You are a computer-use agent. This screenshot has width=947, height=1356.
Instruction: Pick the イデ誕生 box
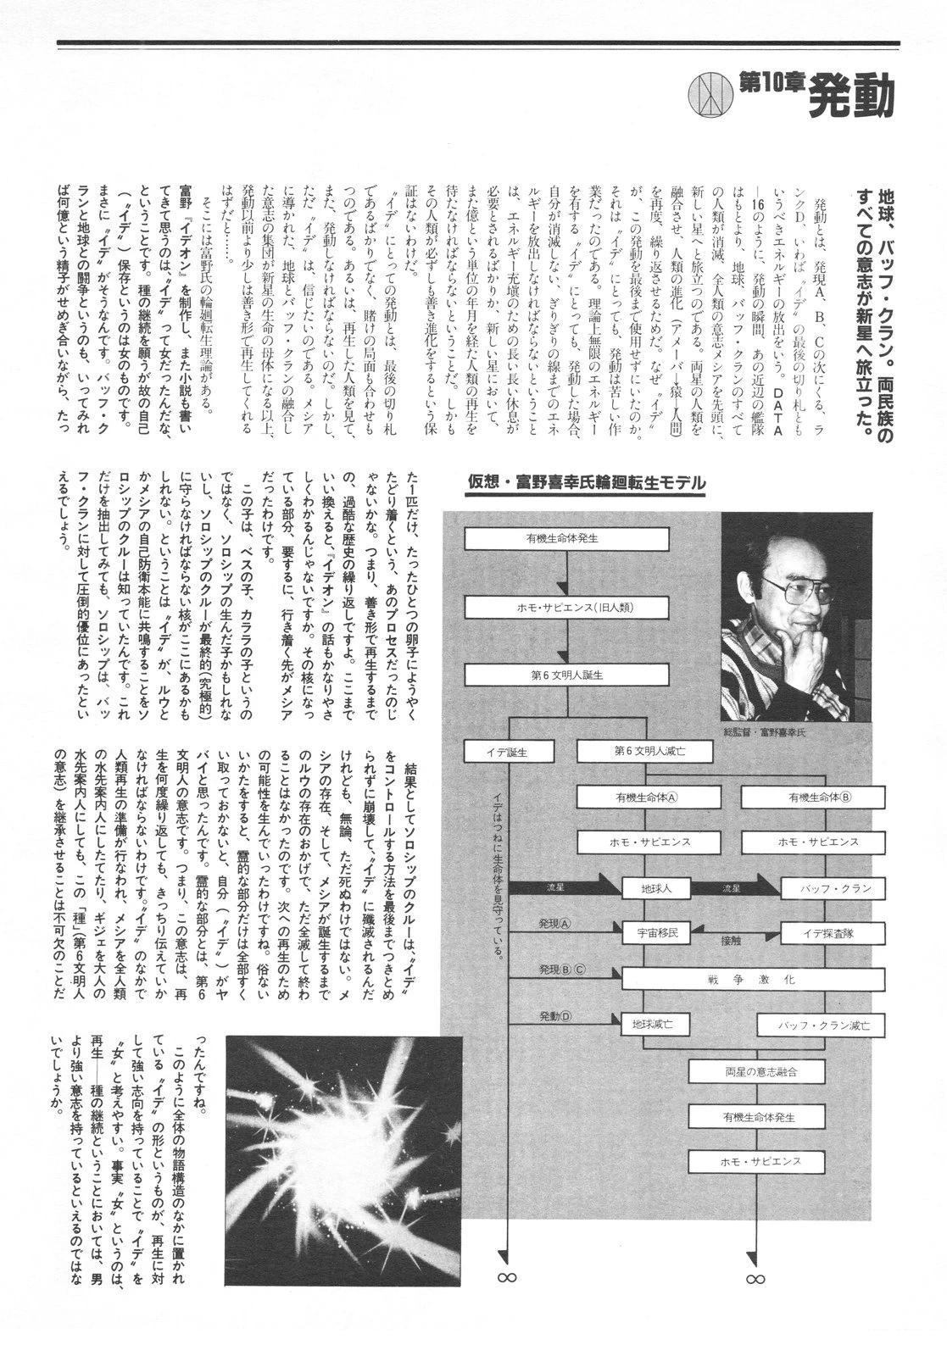[x=508, y=751]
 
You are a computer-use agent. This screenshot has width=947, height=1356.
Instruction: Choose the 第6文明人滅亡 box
[x=627, y=751]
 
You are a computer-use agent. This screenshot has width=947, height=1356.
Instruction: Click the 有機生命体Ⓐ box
[x=646, y=797]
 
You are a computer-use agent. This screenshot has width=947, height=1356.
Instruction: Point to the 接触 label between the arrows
[x=731, y=940]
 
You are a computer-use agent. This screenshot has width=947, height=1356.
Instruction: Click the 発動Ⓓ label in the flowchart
[x=556, y=1016]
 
